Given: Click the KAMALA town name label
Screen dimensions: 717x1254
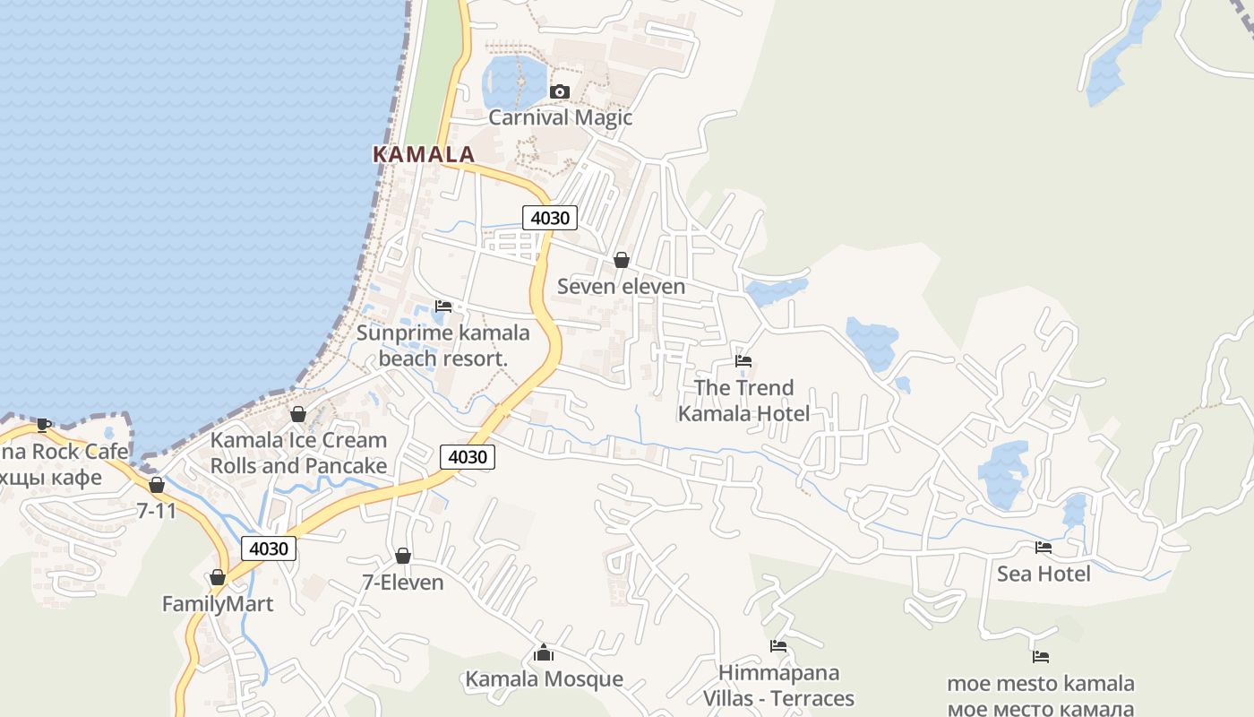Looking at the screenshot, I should tap(423, 154).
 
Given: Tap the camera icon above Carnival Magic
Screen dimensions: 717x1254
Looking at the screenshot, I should tap(560, 91).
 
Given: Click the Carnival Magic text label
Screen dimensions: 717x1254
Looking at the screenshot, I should tap(560, 117).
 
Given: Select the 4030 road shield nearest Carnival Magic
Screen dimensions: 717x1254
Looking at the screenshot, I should tap(550, 217).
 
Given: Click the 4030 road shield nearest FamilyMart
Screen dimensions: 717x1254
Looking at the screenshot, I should tap(269, 549).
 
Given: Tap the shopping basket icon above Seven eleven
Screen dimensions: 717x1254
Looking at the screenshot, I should tap(621, 260).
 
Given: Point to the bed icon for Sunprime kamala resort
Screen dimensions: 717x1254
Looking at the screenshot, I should tap(443, 307).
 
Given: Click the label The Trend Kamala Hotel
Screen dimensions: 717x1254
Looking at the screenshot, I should tap(743, 401).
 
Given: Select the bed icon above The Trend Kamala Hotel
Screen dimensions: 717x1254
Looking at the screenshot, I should tap(743, 361).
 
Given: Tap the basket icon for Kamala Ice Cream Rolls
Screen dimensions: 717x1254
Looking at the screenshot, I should tap(298, 414).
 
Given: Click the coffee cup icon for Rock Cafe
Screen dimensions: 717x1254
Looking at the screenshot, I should tap(44, 425).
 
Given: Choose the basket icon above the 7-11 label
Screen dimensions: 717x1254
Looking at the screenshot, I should tap(157, 485).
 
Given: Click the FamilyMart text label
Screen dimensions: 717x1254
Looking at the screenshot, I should tap(218, 604).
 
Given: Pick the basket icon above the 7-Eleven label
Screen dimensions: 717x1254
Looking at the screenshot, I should tap(403, 557).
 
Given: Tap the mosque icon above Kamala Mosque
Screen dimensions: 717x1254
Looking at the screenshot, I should tap(543, 653).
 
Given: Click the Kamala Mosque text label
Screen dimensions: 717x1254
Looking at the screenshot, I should tap(544, 679).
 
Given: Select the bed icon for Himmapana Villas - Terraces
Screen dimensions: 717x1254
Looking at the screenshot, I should tap(778, 646).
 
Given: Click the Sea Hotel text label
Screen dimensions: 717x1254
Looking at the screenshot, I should tap(1044, 574).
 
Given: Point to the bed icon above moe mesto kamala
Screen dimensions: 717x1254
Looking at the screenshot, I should tap(1041, 657).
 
